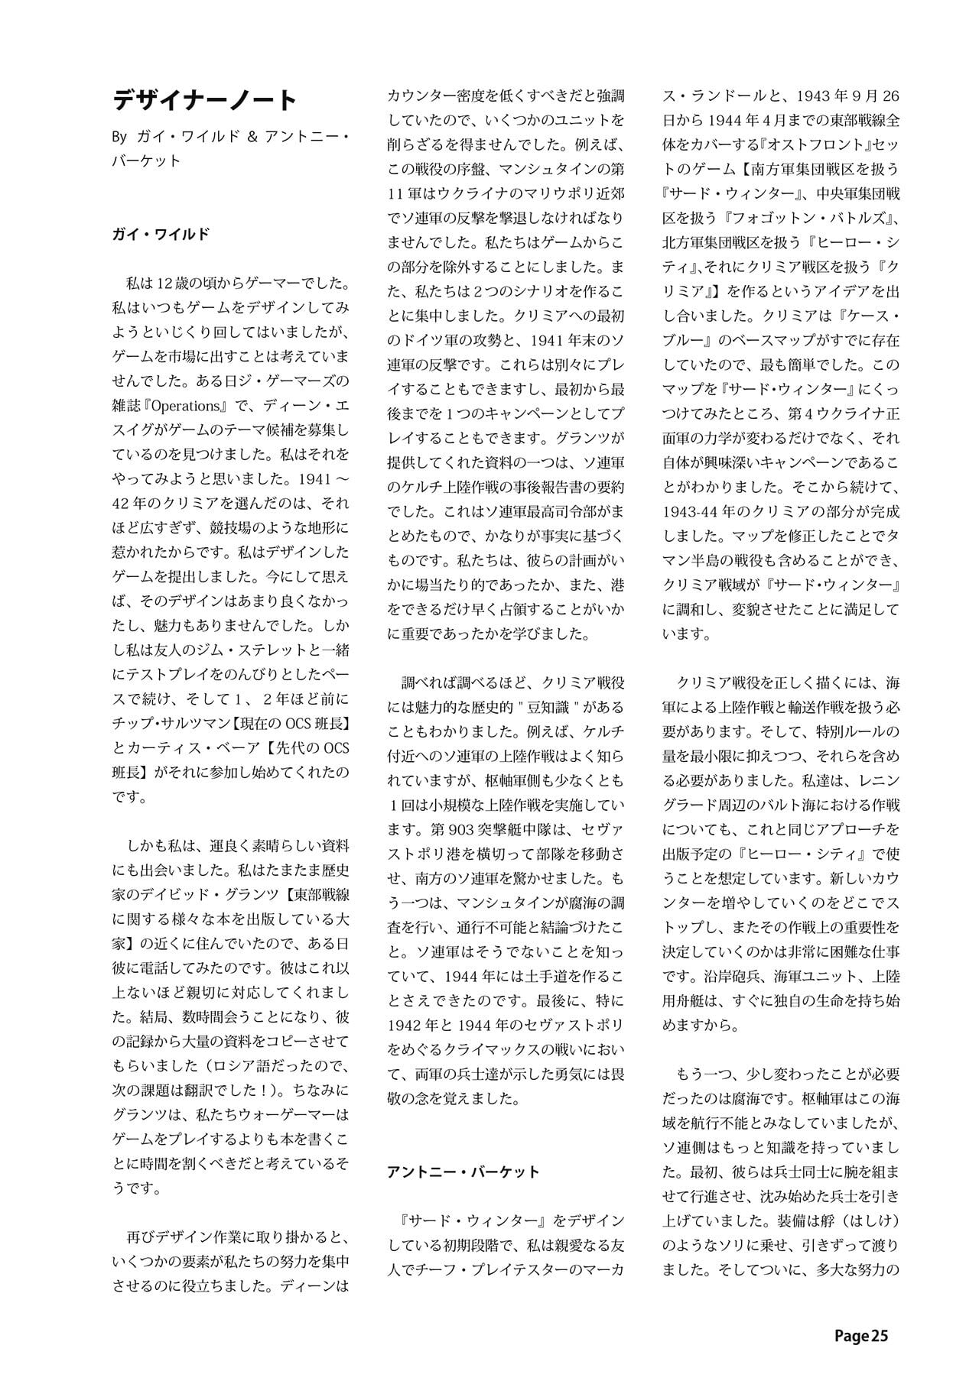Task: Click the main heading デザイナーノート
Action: (x=204, y=100)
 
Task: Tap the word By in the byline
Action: (x=119, y=138)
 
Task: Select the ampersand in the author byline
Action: (x=253, y=138)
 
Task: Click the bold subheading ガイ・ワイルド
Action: (x=161, y=235)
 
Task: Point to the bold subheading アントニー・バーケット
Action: (x=463, y=1172)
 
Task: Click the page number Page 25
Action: (x=861, y=1336)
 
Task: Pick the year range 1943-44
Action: (x=695, y=511)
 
